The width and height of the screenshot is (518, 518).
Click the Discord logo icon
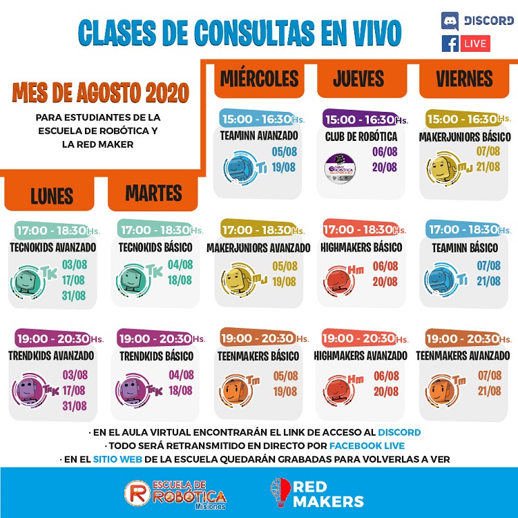450,21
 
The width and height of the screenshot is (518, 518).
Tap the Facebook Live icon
450,44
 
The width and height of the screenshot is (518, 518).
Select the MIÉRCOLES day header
259,79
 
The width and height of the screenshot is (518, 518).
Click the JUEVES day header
358,79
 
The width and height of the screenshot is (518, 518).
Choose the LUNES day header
52,196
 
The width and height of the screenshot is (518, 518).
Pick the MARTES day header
153,193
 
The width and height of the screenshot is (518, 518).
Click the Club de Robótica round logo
339,165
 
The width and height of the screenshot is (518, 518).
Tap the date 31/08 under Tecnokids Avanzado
74,296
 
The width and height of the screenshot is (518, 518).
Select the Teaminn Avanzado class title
259,135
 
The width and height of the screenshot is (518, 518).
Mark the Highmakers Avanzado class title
360,356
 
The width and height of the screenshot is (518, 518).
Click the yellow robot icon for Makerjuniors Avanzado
235,278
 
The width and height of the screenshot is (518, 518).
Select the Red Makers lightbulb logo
280,492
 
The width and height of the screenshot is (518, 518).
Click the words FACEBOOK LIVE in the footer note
367,445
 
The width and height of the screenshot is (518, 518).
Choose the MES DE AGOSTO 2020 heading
100,92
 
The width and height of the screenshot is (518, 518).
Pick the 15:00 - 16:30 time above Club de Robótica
359,119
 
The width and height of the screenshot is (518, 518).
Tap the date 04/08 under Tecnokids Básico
180,265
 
